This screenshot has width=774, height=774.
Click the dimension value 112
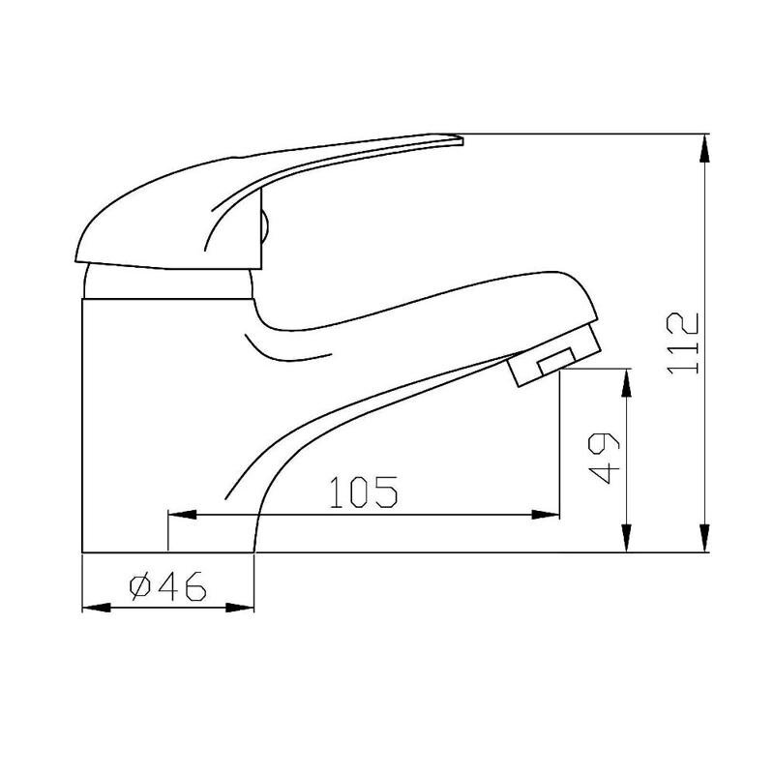[x=683, y=343]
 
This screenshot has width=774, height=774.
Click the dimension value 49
[x=605, y=459]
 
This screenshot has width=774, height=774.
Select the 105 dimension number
[x=363, y=491]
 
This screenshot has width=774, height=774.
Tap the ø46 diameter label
[x=167, y=586]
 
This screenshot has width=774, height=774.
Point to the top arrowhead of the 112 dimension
[x=705, y=148]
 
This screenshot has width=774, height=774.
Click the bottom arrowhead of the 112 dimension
[x=705, y=538]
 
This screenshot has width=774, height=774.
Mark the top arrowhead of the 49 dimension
[x=626, y=382]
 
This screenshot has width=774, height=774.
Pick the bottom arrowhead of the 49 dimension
[x=626, y=538]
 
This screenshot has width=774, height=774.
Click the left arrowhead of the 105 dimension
[x=182, y=515]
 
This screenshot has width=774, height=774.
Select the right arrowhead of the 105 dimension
[x=546, y=515]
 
